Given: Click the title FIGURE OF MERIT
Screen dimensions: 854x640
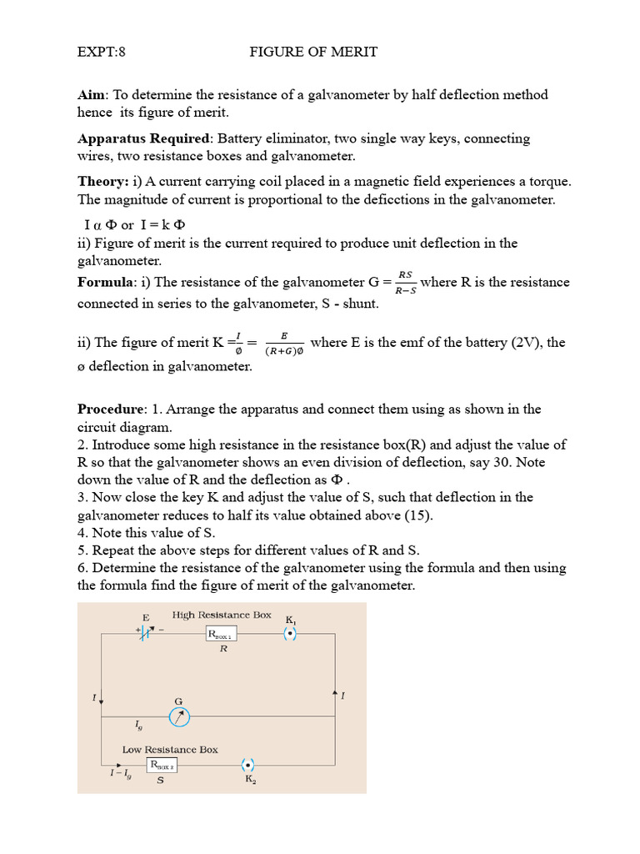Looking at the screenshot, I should click(313, 52).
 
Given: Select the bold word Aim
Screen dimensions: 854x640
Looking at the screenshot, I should click(92, 95).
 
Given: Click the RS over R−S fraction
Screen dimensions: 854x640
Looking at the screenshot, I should click(406, 283).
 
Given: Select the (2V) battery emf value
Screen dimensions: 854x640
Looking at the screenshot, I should click(528, 343).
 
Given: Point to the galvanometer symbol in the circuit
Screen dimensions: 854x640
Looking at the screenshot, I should click(179, 716).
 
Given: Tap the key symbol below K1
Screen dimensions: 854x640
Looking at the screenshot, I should click(289, 634).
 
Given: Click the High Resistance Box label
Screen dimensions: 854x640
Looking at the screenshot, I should click(222, 615).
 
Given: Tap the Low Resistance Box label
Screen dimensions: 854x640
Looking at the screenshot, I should click(170, 749).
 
